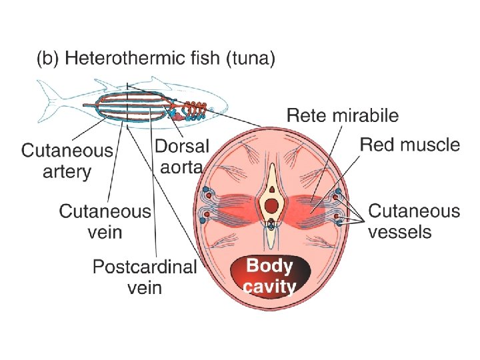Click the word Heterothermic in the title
tap(121, 59)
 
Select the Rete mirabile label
tap(343, 115)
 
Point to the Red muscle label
tap(409, 145)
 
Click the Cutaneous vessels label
tap(413, 221)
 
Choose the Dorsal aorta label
tap(181, 156)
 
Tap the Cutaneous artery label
tap(67, 161)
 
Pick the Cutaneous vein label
tap(105, 221)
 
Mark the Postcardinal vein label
tap(145, 277)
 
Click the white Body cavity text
tap(270, 276)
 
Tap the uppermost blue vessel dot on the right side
tap(339, 191)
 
